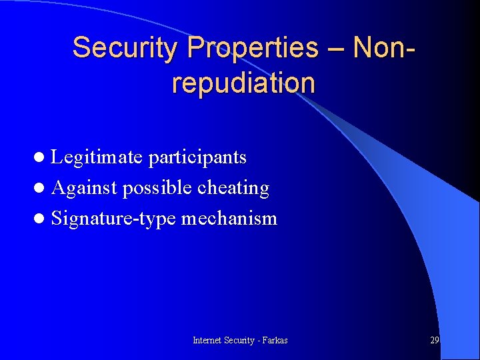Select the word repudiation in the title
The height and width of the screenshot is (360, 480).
(243, 83)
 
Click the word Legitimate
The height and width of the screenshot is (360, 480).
(97, 157)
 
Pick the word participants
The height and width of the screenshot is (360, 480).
(197, 158)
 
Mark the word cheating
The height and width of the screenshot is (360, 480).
(233, 189)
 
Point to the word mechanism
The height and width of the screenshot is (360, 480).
(229, 219)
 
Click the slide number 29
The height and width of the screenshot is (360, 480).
(434, 340)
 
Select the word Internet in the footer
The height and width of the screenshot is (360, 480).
(207, 340)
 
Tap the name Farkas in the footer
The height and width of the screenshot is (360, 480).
(275, 340)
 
